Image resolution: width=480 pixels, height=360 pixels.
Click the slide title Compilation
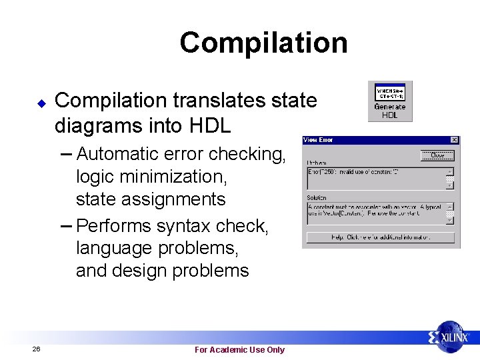263,43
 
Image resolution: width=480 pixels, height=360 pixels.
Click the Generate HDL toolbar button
390,101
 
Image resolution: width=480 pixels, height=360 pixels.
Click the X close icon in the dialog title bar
454,140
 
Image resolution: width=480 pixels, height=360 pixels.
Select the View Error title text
318,140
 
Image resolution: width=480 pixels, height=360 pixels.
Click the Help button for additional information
381,237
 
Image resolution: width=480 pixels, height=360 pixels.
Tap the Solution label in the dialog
317,198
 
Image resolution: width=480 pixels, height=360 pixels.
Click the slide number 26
36,349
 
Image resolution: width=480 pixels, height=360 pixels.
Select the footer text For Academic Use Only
239,349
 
